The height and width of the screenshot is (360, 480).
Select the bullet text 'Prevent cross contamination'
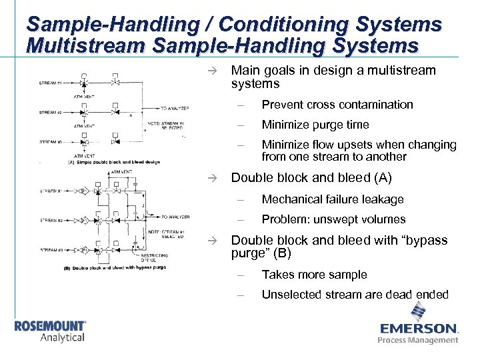[x=337, y=105]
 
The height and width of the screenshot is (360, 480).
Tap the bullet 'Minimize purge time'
[x=315, y=125]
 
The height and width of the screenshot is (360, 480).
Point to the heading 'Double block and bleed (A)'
[x=311, y=178]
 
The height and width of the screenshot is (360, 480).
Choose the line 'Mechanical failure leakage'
[x=333, y=199]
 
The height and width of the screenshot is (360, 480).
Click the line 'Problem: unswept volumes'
[x=333, y=219]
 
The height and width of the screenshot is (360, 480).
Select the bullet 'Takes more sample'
[x=315, y=275]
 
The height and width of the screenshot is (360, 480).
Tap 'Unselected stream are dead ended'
[x=355, y=295]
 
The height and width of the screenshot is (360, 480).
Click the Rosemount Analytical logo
[x=51, y=331]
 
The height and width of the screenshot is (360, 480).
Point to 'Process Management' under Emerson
[x=418, y=340]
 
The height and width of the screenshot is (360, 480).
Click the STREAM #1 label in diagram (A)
[x=51, y=83]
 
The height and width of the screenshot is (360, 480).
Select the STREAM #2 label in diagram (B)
[x=51, y=219]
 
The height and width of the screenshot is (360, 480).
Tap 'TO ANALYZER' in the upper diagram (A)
[x=175, y=108]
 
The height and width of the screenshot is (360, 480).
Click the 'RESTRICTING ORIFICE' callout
[x=154, y=258]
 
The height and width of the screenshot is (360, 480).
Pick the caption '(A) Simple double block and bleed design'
[x=114, y=162]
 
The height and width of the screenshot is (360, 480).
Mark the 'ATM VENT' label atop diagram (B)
[x=121, y=171]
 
